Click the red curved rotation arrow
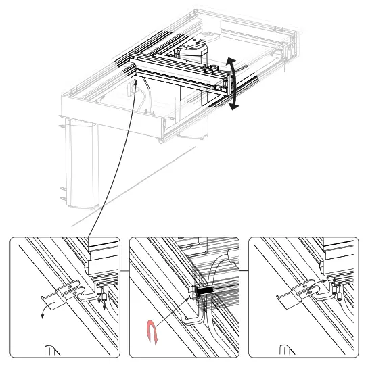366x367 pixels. coord(151,332)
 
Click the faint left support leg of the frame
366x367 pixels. coord(81,162)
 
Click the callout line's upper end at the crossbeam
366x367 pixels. coord(136,82)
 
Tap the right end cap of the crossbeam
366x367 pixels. coord(225,82)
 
